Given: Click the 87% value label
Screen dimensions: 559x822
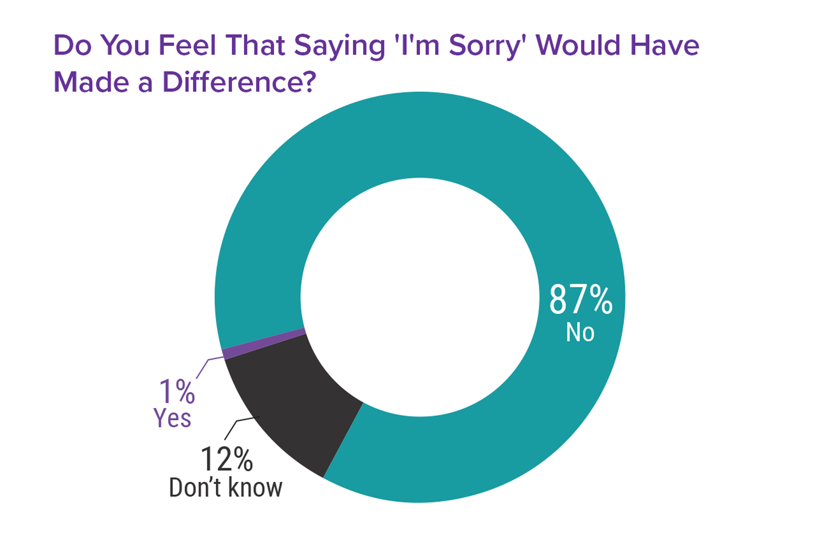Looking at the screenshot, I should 580,300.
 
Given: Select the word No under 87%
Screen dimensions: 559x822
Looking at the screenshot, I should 580,332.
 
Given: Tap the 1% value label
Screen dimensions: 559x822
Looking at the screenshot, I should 177,392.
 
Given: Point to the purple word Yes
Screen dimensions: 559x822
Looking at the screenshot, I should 172,418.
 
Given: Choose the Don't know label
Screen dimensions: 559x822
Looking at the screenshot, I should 226,488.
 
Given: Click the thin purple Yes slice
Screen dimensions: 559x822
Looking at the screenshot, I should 263,343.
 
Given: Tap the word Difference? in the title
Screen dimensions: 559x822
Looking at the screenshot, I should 239,82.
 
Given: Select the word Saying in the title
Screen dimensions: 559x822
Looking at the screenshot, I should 339,46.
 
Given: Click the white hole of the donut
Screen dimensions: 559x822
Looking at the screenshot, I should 420,297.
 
